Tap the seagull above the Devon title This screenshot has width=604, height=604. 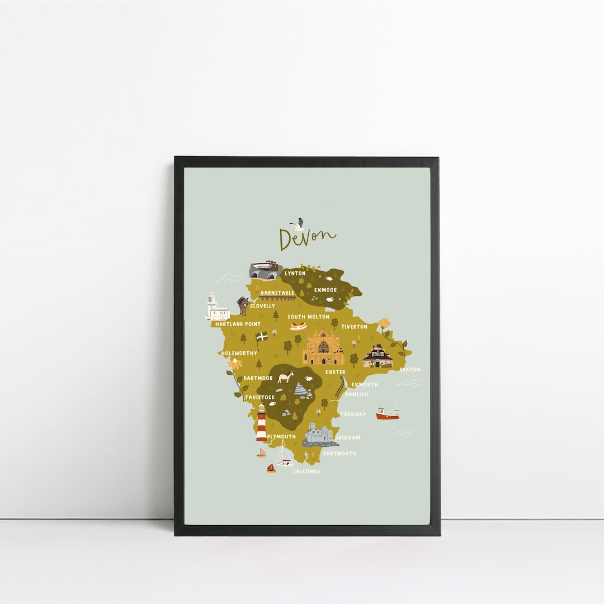point(298,224)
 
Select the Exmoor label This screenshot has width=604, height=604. point(325,290)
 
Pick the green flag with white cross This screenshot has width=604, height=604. point(261,338)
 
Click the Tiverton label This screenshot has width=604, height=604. point(354,327)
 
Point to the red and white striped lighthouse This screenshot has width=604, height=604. point(261,424)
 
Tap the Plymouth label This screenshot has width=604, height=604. point(281,436)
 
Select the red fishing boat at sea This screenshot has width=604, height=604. point(388,414)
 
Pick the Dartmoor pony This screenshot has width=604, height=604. point(286,377)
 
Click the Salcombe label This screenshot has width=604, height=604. point(306,471)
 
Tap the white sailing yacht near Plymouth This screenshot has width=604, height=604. point(284,455)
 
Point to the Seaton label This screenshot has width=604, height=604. point(409,370)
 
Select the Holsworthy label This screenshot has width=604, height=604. point(239,353)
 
